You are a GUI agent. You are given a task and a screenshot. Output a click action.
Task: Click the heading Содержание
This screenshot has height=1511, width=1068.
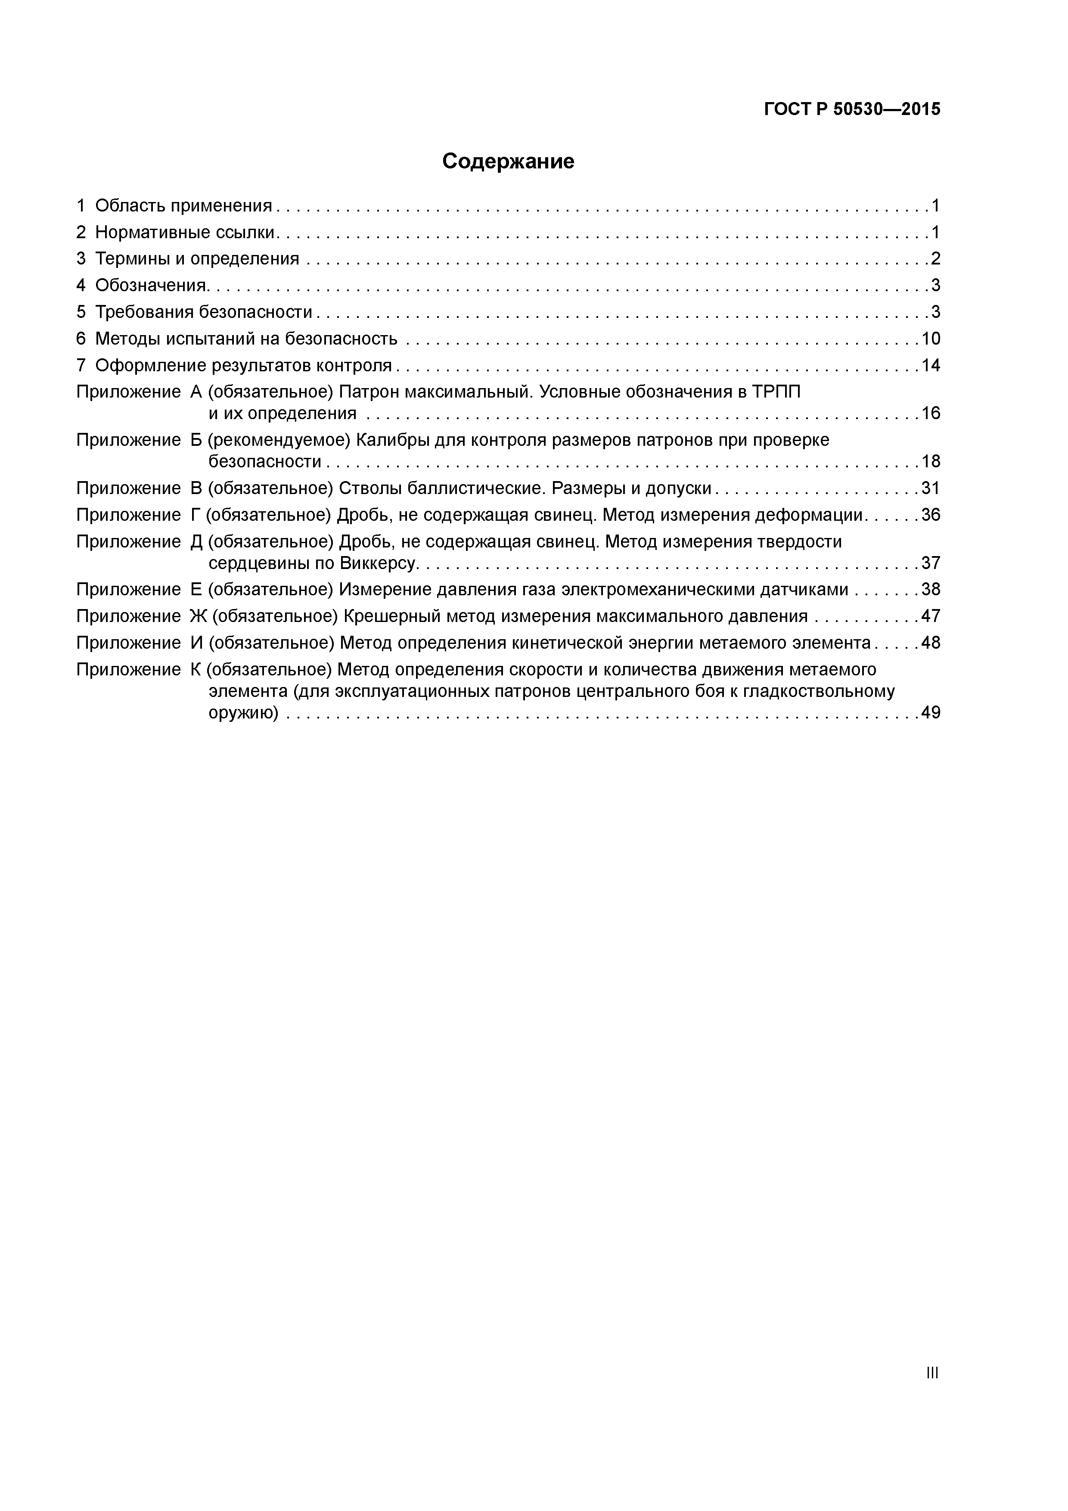click(508, 161)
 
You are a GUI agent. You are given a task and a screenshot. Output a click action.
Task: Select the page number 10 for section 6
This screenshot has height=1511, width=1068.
click(931, 339)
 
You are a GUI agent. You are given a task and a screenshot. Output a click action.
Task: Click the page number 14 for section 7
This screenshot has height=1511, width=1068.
click(931, 365)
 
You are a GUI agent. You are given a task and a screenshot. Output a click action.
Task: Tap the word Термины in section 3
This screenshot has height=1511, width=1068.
click(132, 258)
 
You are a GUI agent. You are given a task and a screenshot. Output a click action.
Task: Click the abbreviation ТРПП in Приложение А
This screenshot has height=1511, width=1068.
click(776, 392)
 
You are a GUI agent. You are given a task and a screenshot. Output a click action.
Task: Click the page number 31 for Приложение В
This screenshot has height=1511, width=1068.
click(931, 488)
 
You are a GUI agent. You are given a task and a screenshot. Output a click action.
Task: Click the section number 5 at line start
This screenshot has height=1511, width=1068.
click(81, 312)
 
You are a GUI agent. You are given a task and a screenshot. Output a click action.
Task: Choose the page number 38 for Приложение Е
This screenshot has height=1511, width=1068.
click(931, 590)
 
